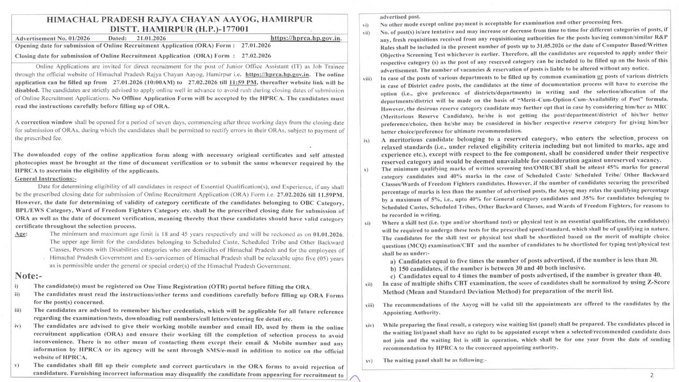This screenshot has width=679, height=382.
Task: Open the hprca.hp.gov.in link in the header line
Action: point(306,38)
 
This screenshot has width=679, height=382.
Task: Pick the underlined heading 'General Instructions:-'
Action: point(46,179)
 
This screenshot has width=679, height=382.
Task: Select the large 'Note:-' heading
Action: point(29,276)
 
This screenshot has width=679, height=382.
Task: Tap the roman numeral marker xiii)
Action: point(370,305)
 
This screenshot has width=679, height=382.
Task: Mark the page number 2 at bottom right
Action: point(652,375)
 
